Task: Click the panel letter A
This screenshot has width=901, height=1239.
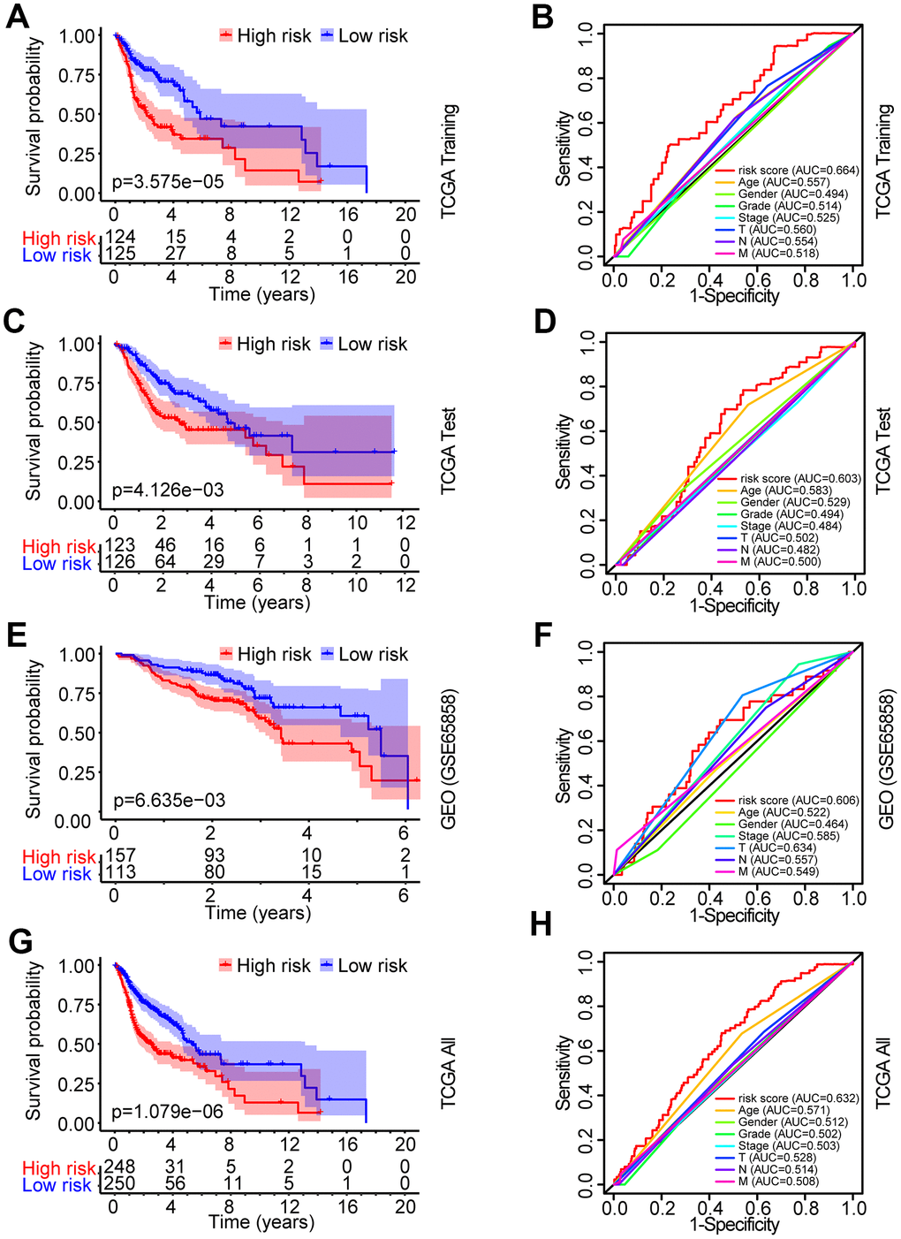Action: pyautogui.click(x=17, y=17)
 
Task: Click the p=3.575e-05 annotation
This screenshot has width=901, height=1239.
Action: pyautogui.click(x=168, y=182)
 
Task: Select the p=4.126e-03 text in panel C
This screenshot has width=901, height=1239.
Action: pyautogui.click(x=168, y=490)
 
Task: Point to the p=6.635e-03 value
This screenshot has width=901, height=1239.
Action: pyautogui.click(x=170, y=801)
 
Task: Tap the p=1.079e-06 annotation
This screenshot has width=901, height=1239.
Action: pyautogui.click(x=168, y=1112)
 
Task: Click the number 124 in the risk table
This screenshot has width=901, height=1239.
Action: pyautogui.click(x=120, y=238)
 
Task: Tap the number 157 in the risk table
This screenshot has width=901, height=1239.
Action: pyautogui.click(x=120, y=856)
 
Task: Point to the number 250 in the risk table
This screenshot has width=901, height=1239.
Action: pyautogui.click(x=120, y=1185)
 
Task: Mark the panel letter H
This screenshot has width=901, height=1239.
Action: pyautogui.click(x=542, y=924)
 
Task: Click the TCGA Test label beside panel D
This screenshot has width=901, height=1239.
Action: pyautogui.click(x=884, y=451)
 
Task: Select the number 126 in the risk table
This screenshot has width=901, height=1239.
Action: pyautogui.click(x=120, y=564)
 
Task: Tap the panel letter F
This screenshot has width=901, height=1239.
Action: pyautogui.click(x=542, y=635)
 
